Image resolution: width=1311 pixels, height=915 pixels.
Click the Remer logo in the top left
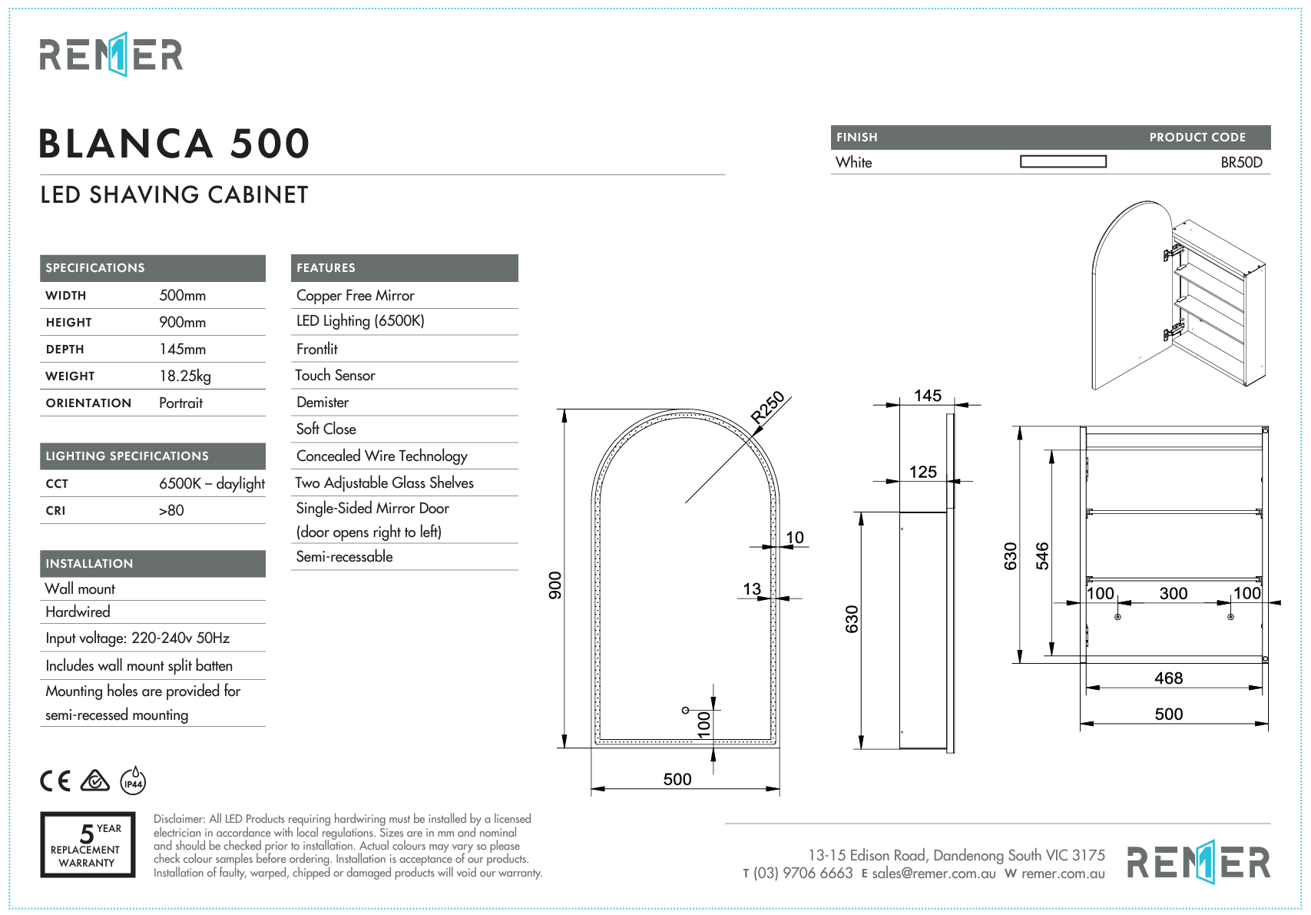pos(111,55)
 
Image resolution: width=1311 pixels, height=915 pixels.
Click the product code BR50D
pos(1241,162)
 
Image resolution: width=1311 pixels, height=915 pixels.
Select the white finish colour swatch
pos(1063,161)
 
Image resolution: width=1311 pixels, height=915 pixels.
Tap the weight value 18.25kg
pos(184,376)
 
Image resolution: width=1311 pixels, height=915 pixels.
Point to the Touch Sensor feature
pos(336,376)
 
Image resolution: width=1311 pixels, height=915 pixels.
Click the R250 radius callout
pos(767,407)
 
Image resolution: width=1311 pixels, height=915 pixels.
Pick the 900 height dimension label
pos(555,585)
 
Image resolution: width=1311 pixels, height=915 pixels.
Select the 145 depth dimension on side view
pos(927,396)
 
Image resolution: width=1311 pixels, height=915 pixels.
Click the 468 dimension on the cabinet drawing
pos(1168,678)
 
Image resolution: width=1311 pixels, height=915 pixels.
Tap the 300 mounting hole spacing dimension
pos(1173,593)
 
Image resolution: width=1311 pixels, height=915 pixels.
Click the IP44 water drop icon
pos(134,781)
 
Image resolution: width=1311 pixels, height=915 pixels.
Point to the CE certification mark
pos(55,781)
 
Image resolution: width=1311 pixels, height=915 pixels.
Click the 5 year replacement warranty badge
pos(88,844)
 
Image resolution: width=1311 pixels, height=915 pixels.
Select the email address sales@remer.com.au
pos(933,874)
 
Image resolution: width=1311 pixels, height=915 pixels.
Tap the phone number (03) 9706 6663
pos(803,874)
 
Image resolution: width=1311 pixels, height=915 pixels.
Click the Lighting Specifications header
pos(127,456)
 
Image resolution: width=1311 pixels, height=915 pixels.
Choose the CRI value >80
pos(171,510)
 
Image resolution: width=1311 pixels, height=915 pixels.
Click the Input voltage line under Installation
pos(137,638)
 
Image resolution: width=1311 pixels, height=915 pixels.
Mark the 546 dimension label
pos(1041,555)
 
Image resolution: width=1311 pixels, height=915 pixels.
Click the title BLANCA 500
pos(174,144)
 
